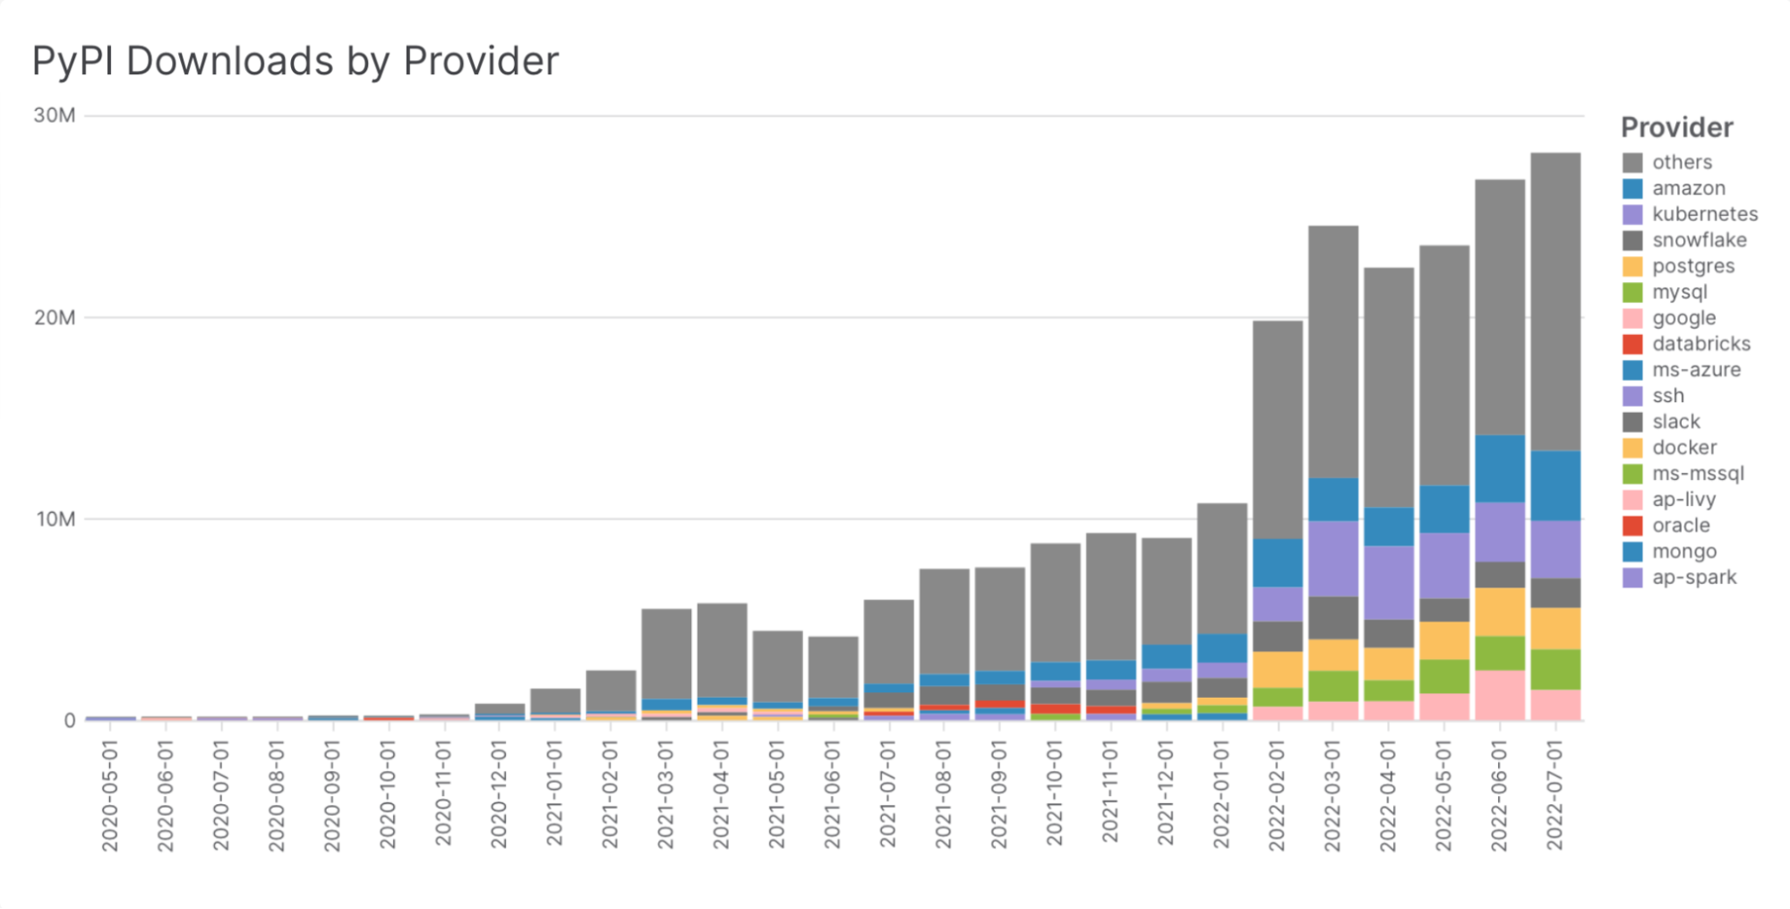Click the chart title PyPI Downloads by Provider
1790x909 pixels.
pyautogui.click(x=295, y=62)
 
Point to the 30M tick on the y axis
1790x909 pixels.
pyautogui.click(x=55, y=116)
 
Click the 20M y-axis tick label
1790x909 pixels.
pyautogui.click(x=55, y=318)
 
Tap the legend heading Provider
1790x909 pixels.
pyautogui.click(x=1676, y=128)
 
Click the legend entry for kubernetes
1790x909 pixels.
pyautogui.click(x=1704, y=214)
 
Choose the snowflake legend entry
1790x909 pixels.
pyautogui.click(x=1699, y=240)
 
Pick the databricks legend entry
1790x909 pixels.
pyautogui.click(x=1700, y=344)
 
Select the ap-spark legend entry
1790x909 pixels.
pyautogui.click(x=1693, y=578)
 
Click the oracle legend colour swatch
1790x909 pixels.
pyautogui.click(x=1632, y=526)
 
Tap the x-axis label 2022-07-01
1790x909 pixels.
pyautogui.click(x=1555, y=793)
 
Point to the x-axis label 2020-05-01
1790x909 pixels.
pyautogui.click(x=110, y=793)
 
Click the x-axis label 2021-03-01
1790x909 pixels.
pyautogui.click(x=665, y=793)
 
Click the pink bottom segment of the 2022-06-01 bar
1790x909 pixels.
pyautogui.click(x=1500, y=695)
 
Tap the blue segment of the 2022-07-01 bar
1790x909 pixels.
pyautogui.click(x=1555, y=485)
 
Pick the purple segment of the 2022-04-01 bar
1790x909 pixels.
pyautogui.click(x=1388, y=582)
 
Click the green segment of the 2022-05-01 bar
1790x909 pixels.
pyautogui.click(x=1443, y=676)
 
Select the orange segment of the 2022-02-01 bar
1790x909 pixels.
pyautogui.click(x=1278, y=669)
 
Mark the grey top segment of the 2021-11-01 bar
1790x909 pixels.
pyautogui.click(x=1110, y=596)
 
